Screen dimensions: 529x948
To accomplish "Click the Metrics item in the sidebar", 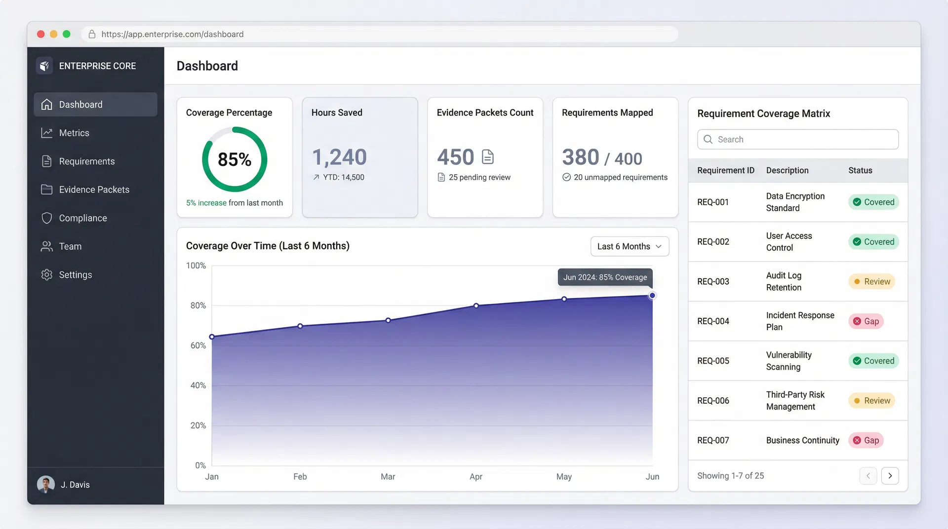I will (74, 133).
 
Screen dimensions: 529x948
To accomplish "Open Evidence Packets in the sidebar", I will (94, 189).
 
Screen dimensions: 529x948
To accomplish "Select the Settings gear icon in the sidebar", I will (47, 275).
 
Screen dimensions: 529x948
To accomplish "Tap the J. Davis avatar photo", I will (46, 485).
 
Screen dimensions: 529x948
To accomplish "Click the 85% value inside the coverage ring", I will (235, 159).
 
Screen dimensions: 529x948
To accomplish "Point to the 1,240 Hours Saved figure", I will (339, 157).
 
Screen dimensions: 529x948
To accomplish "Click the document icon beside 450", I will (488, 157).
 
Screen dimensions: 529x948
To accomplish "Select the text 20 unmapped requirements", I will (620, 177).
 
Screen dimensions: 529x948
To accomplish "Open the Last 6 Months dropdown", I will (630, 246).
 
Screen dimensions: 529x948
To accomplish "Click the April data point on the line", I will (476, 306).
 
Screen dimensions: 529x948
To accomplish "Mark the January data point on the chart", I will (212, 337).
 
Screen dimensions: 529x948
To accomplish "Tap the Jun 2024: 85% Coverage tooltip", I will (605, 277).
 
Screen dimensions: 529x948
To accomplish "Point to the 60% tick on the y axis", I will (198, 345).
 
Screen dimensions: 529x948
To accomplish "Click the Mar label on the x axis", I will (388, 477).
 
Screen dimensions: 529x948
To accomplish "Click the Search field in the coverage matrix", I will (798, 140).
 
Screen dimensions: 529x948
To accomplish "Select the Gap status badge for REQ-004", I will (866, 321).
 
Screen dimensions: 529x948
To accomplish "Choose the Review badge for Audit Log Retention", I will (871, 282).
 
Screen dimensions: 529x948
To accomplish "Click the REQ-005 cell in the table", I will (713, 361).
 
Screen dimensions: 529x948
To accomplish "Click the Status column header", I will (860, 170).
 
